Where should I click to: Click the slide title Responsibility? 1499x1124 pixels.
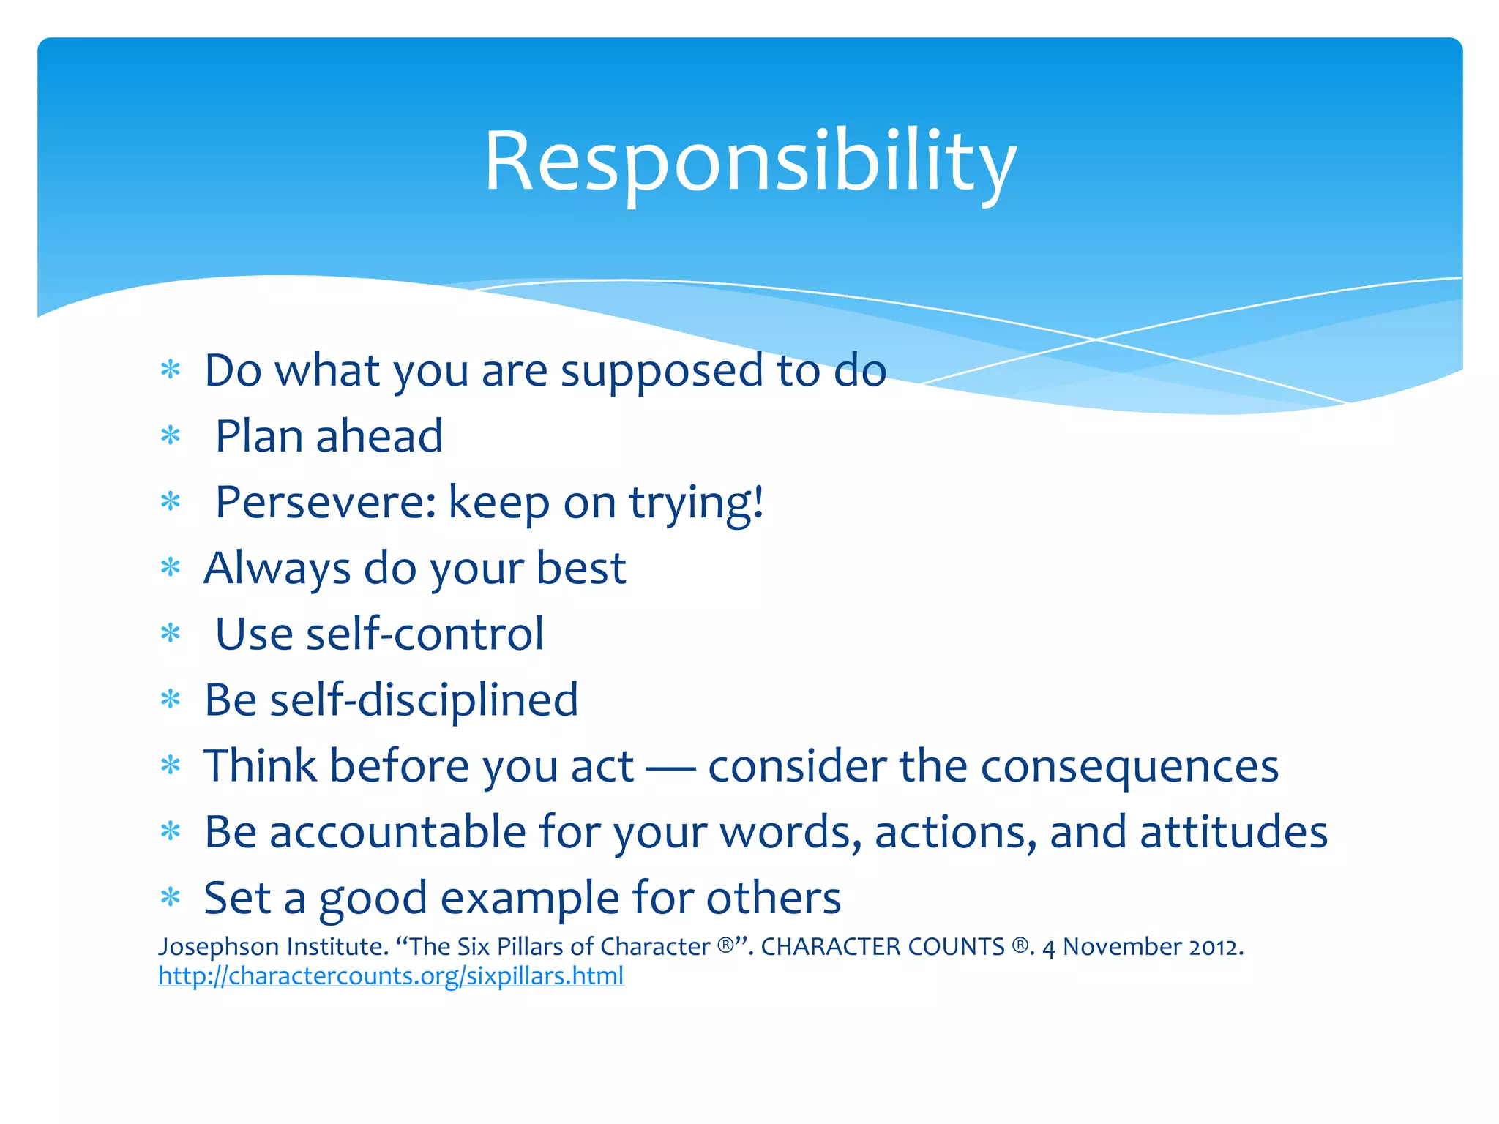click(x=749, y=161)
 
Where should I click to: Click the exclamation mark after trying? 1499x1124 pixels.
click(x=758, y=501)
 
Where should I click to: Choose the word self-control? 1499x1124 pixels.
click(x=425, y=634)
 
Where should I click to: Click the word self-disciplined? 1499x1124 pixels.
click(x=424, y=700)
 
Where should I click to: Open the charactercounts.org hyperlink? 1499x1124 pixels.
click(x=391, y=976)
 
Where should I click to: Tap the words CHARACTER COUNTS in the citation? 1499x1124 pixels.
click(x=882, y=947)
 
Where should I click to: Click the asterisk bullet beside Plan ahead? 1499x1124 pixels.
click(x=171, y=436)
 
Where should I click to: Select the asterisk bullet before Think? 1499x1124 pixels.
click(x=171, y=766)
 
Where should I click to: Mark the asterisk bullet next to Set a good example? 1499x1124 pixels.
click(x=171, y=897)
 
